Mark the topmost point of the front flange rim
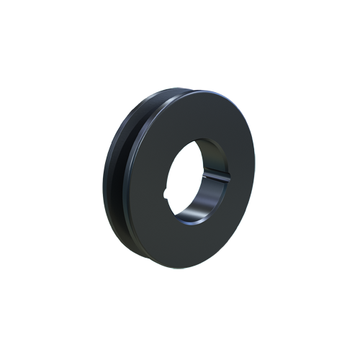191,89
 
